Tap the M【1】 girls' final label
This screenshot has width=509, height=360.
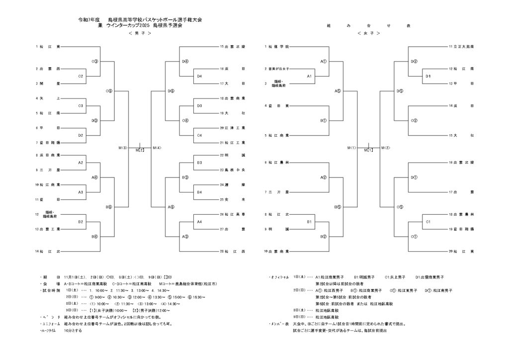[x=368, y=149]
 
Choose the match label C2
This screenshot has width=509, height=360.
[x=81, y=76]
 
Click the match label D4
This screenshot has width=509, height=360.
[x=199, y=76]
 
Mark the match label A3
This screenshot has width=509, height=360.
[x=81, y=192]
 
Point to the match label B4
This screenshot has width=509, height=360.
[x=199, y=192]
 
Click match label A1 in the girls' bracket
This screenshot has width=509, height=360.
[x=309, y=76]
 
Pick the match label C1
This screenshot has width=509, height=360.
[x=428, y=221]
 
